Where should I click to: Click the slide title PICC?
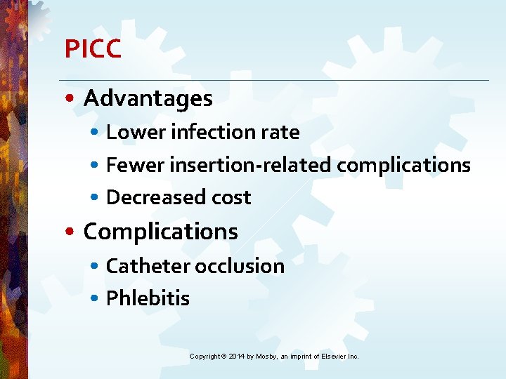93,49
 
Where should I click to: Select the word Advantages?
148,98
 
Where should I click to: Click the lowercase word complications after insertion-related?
403,166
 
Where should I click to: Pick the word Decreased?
145,197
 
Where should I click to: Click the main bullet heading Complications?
160,232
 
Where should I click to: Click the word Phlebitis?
148,298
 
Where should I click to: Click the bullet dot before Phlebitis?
95,299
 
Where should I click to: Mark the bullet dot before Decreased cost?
95,198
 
